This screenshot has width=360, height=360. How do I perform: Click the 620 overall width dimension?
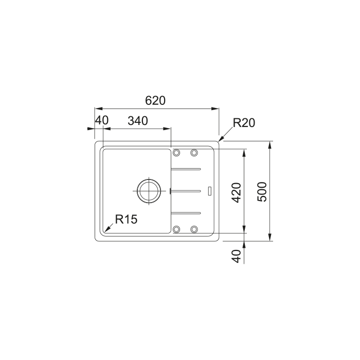(x=155, y=101)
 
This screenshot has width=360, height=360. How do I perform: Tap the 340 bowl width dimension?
(x=138, y=121)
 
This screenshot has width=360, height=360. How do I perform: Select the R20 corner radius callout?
(x=244, y=123)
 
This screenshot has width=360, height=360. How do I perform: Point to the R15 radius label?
(x=126, y=219)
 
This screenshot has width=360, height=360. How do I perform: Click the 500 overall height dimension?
(x=262, y=192)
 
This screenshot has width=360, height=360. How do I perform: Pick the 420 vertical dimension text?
(x=236, y=192)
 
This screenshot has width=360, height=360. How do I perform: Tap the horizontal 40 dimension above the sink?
(x=102, y=120)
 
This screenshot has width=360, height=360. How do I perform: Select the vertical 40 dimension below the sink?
(x=237, y=256)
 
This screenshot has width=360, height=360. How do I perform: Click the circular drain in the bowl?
(x=148, y=191)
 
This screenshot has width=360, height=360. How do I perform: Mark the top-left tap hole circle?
(x=176, y=153)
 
